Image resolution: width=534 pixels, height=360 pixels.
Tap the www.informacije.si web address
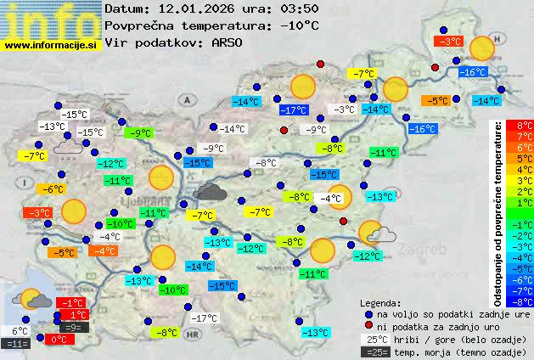tap(50, 43)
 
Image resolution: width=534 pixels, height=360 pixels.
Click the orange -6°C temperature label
tap(53, 188)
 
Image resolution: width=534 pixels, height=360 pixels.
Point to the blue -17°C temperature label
tap(294, 110)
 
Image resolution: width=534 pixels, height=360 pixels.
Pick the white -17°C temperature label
tap(202, 318)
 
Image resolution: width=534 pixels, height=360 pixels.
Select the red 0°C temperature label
tap(58, 339)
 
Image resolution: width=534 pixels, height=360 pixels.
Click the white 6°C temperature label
tap(20, 331)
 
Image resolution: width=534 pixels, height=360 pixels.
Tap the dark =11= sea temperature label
tap(17, 344)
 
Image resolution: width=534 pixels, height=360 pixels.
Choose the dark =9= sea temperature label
tap(73, 327)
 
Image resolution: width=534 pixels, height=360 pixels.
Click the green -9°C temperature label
tap(139, 132)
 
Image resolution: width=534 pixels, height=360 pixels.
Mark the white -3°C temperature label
tap(343, 110)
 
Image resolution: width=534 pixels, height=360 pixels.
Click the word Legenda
tap(381, 301)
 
